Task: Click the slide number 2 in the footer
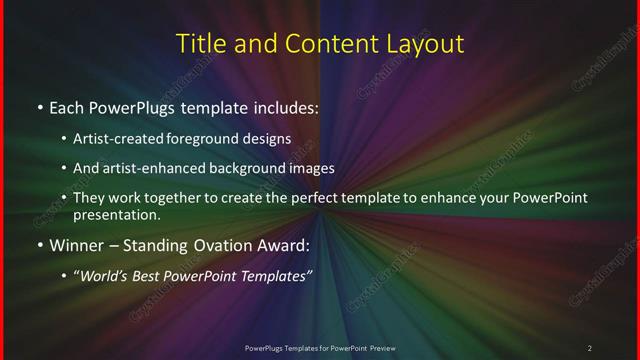click(590, 347)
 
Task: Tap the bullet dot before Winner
click(39, 245)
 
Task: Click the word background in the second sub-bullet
click(247, 169)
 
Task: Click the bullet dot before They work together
click(64, 198)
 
